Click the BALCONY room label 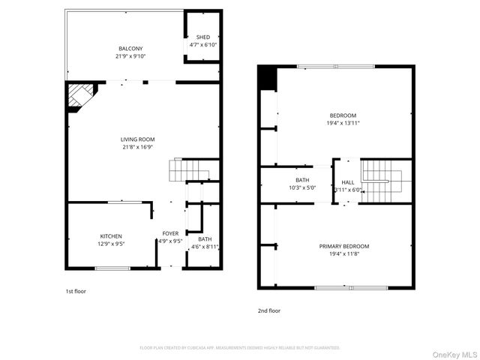130,49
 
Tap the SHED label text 202,37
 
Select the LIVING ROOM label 137,139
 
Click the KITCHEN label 111,236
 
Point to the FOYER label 170,234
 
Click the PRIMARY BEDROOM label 343,246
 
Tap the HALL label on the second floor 348,182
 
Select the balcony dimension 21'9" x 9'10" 130,56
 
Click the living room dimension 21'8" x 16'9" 137,147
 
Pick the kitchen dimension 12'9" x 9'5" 111,244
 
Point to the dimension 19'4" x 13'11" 343,123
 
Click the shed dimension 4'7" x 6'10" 202,45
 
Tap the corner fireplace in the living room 79,97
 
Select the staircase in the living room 183,170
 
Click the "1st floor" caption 76,290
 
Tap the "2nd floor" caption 268,309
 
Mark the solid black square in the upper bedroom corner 267,78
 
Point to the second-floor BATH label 302,180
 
